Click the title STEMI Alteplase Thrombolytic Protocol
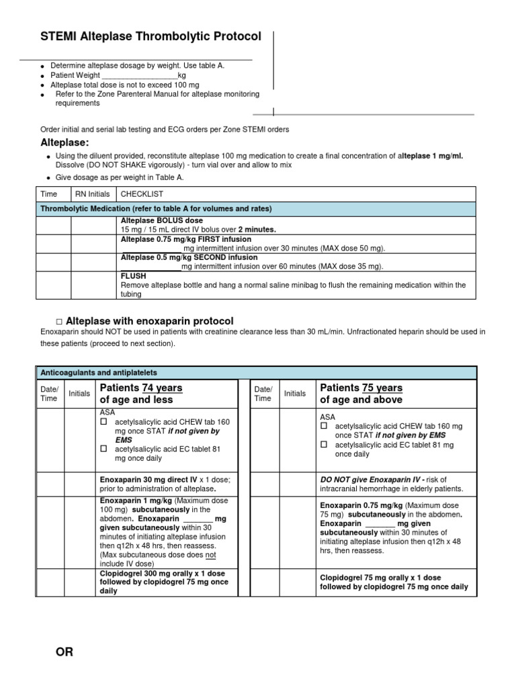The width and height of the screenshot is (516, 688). click(x=151, y=37)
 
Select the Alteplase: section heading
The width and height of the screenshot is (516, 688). click(x=65, y=142)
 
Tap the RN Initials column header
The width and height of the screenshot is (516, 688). click(x=93, y=194)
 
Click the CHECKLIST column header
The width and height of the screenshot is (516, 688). click(x=142, y=194)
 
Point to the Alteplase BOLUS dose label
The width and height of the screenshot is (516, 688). click(x=161, y=220)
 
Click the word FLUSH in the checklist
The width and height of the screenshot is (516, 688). click(x=132, y=275)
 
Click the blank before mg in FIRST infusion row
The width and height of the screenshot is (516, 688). click(x=151, y=248)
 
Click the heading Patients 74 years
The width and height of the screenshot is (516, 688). click(x=140, y=388)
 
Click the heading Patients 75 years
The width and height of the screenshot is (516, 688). click(x=361, y=388)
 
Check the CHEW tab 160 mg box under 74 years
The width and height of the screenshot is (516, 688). click(x=104, y=421)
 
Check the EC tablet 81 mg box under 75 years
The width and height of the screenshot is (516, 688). click(x=325, y=445)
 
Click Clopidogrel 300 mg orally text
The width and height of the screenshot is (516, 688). click(x=162, y=574)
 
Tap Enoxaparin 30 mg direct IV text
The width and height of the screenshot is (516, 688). click(x=148, y=479)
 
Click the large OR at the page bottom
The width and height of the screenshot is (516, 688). click(x=64, y=652)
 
